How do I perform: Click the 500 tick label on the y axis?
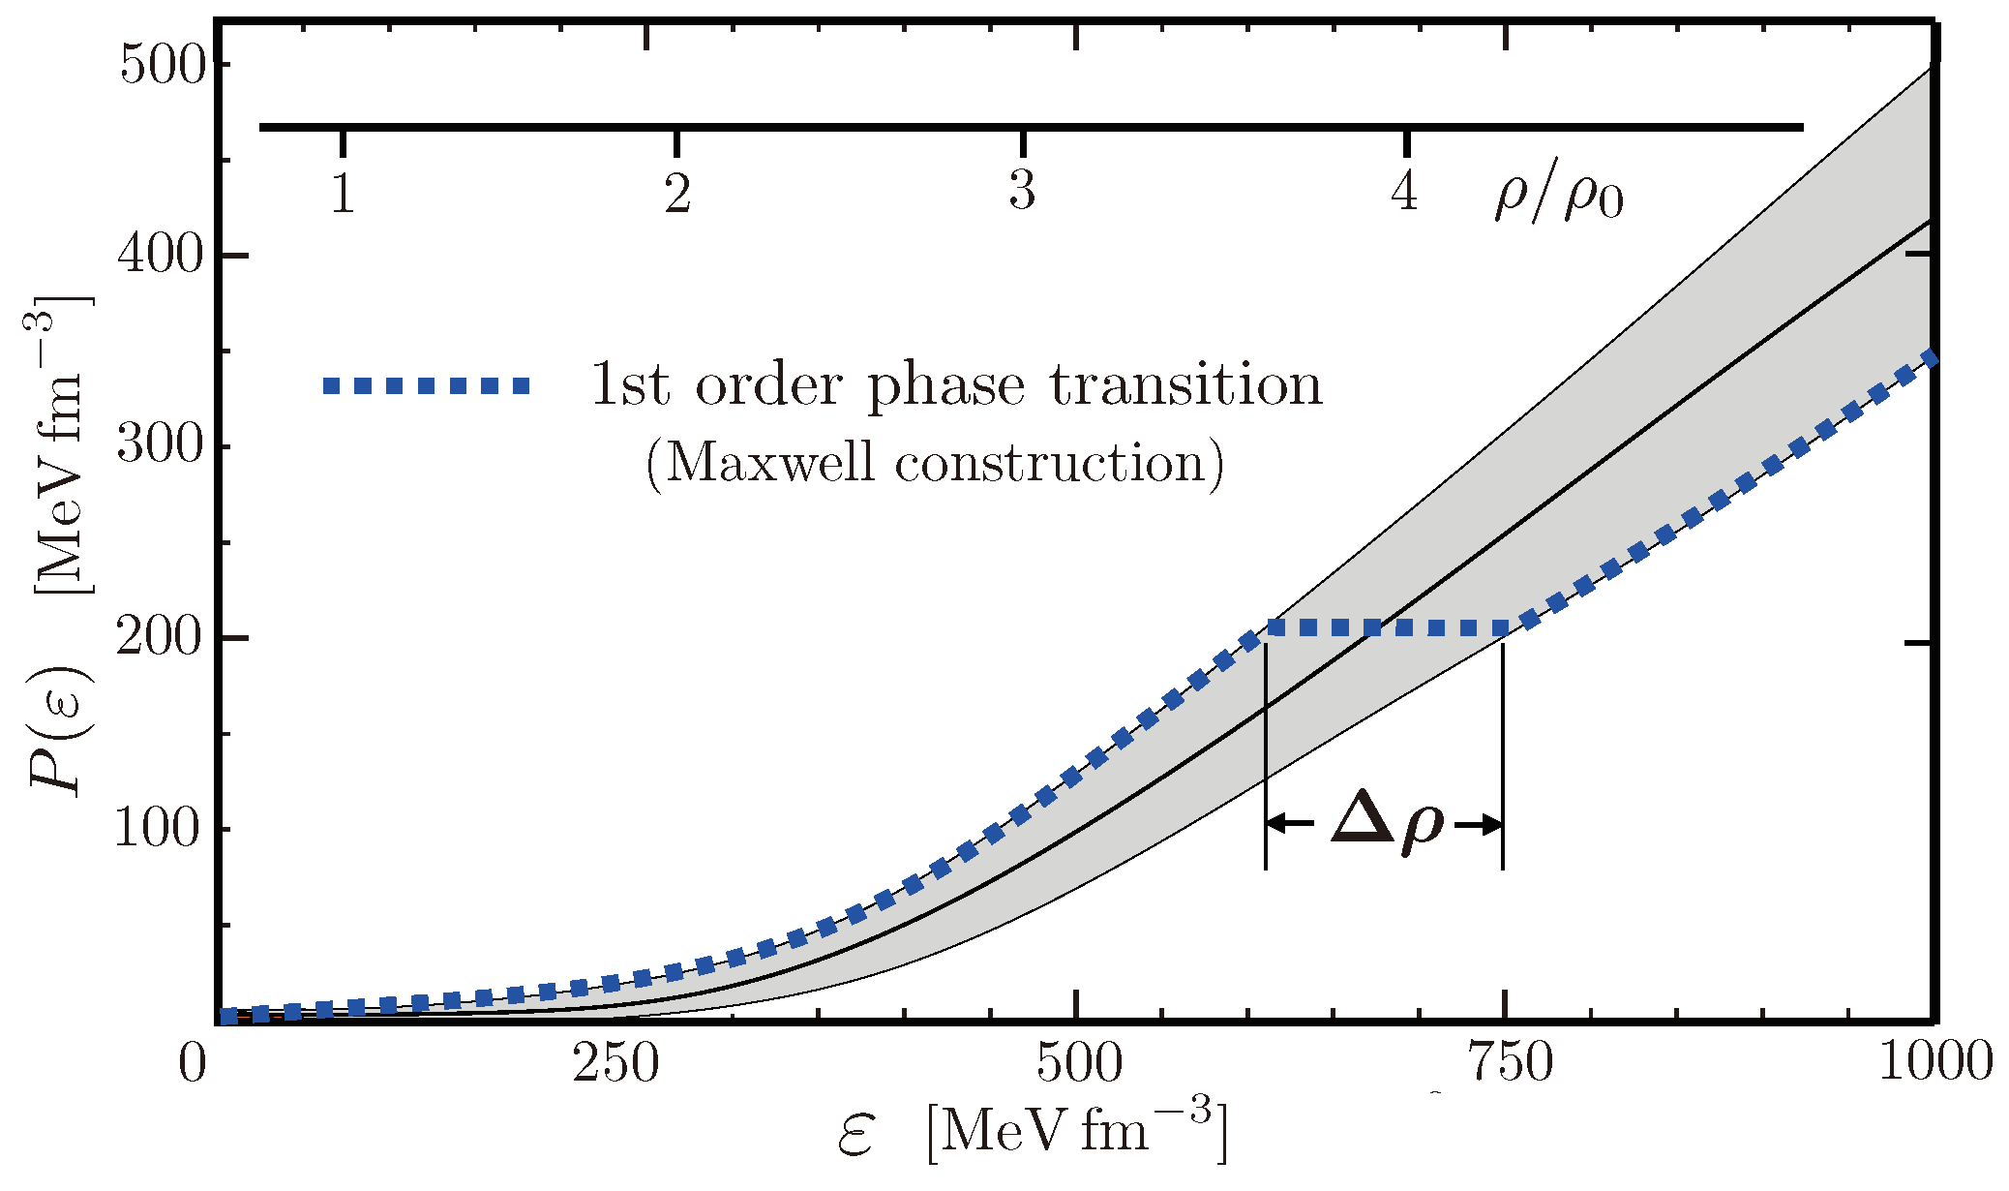pyautogui.click(x=162, y=67)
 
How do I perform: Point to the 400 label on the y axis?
pyautogui.click(x=162, y=257)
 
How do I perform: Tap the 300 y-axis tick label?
pyautogui.click(x=162, y=447)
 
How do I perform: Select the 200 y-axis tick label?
pyautogui.click(x=162, y=639)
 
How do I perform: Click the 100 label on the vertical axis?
pyautogui.click(x=162, y=830)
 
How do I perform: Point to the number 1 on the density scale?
pyautogui.click(x=343, y=193)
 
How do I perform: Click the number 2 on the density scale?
pyautogui.click(x=677, y=193)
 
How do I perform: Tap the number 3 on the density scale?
pyautogui.click(x=1022, y=191)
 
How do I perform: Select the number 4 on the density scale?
pyautogui.click(x=1404, y=191)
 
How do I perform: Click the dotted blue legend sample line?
pyautogui.click(x=427, y=385)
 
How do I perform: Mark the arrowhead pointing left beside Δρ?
pyautogui.click(x=1276, y=824)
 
